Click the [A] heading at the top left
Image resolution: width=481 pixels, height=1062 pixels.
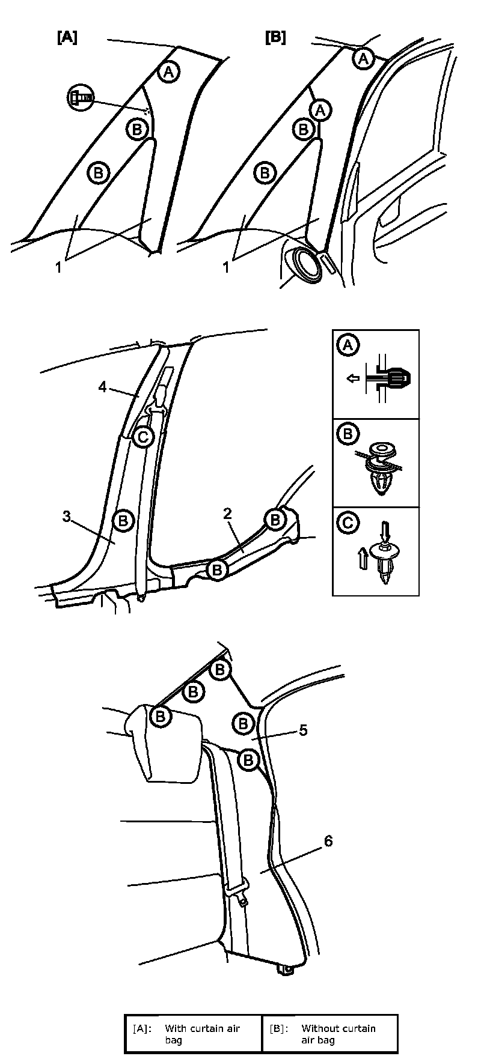pos(67,37)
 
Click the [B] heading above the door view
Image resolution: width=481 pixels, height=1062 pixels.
pos(275,37)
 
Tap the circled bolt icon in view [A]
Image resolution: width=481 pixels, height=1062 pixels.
pos(81,96)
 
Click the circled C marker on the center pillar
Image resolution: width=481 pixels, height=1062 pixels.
pos(143,437)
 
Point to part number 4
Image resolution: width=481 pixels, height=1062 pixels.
pos(103,387)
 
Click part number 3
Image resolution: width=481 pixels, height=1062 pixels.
pos(67,515)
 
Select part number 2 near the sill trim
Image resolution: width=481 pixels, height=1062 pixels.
pos(227,513)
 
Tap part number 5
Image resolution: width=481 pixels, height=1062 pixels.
pos(303,730)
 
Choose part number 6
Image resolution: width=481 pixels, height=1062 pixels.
pos(328,841)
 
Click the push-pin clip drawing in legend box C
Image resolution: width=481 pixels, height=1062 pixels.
pos(384,559)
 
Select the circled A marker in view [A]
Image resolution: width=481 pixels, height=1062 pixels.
pos(169,72)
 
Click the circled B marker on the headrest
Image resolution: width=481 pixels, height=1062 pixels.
pos(161,716)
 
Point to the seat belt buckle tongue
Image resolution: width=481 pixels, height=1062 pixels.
pos(242,899)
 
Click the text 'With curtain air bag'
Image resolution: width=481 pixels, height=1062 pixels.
pos(202,1033)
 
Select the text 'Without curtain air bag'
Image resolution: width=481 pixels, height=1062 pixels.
pos(339,1033)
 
